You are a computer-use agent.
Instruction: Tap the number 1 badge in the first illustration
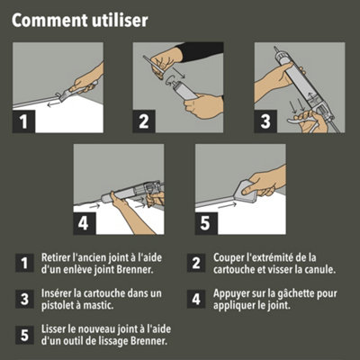click(23, 121)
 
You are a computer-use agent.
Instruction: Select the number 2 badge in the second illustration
click(144, 121)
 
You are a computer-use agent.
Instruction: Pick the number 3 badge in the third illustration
click(265, 121)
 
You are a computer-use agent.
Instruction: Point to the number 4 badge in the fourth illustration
click(85, 223)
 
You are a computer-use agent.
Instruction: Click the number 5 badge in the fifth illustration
click(206, 223)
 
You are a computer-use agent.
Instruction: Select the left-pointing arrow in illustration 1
click(53, 104)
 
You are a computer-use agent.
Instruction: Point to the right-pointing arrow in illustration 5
click(227, 206)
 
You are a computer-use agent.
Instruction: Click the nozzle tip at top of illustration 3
click(275, 49)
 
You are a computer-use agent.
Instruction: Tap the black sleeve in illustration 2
click(202, 51)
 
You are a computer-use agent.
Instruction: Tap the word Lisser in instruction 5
click(54, 328)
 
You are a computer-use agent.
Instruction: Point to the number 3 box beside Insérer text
click(24, 299)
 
